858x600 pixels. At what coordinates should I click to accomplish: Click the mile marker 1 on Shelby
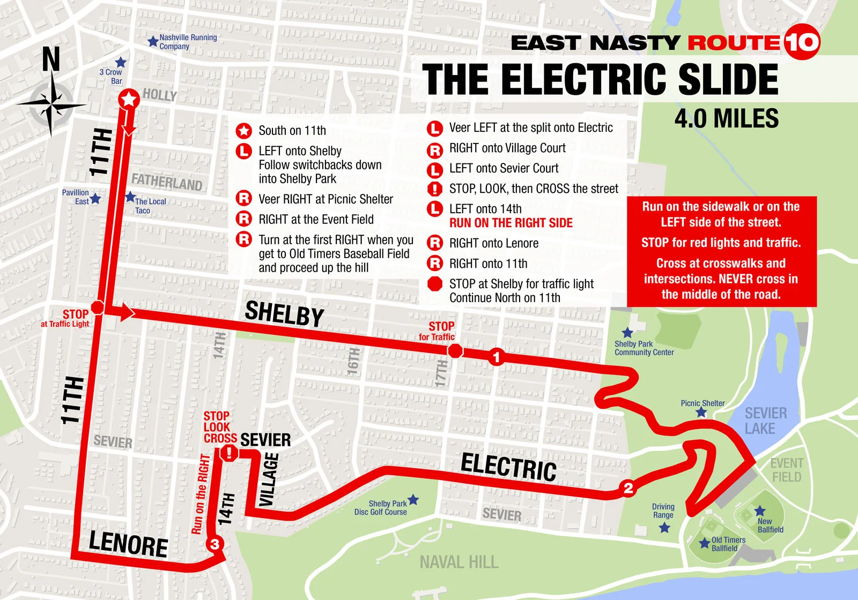[x=497, y=357]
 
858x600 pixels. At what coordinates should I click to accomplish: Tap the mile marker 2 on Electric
[x=628, y=488]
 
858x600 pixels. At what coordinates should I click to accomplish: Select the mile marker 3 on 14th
[x=214, y=544]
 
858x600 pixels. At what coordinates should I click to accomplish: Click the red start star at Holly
[x=129, y=99]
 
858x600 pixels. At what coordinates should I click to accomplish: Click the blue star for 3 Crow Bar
[x=121, y=62]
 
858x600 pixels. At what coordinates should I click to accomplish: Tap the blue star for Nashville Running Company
[x=153, y=41]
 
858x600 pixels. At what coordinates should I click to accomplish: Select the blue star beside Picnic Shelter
[x=701, y=412]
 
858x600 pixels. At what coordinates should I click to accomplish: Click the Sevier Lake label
[x=765, y=421]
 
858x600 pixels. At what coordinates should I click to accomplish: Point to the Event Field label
[x=787, y=470]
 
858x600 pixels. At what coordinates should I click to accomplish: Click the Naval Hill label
[x=459, y=562]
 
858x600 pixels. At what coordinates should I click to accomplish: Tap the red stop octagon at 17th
[x=455, y=351]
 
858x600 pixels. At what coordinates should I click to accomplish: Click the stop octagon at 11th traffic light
[x=98, y=307]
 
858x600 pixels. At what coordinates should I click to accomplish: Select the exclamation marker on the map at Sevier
[x=229, y=453]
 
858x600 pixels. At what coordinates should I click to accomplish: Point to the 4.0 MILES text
[x=727, y=118]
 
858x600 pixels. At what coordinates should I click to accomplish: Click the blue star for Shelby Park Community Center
[x=627, y=333]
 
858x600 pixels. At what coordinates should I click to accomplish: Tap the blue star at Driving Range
[x=664, y=528]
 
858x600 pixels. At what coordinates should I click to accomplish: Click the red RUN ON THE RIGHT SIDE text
[x=511, y=223]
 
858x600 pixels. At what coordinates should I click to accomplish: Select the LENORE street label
[x=128, y=544]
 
